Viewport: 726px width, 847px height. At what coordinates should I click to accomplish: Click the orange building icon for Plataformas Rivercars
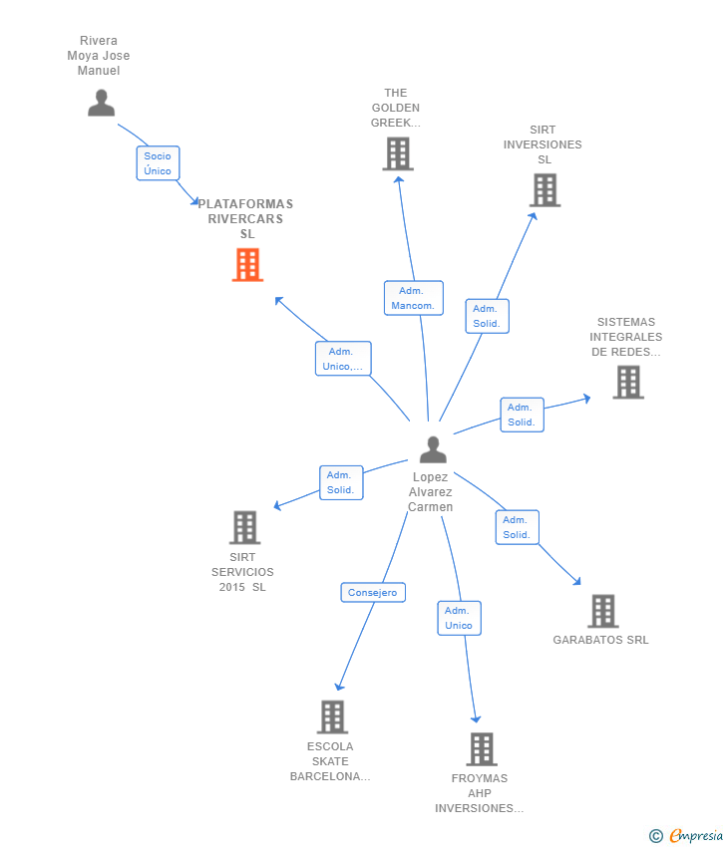[247, 265]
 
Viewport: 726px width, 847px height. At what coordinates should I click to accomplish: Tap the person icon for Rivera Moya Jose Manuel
[101, 104]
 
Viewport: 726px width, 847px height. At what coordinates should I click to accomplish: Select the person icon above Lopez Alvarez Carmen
[433, 450]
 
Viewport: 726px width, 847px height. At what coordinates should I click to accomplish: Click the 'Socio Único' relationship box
[158, 163]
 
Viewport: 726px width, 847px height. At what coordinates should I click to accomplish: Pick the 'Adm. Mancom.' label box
[414, 298]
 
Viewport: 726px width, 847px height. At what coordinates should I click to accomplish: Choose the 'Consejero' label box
[373, 593]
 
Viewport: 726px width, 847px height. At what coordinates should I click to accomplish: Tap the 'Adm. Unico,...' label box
[343, 359]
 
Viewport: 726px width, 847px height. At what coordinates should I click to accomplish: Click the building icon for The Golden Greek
[398, 153]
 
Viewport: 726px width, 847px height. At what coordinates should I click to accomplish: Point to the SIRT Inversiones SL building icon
[544, 190]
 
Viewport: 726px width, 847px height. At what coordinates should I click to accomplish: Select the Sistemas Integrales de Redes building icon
[628, 383]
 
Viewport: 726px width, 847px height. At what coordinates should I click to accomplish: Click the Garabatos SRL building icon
[603, 611]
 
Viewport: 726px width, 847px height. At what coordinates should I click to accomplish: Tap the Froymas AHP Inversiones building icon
[482, 749]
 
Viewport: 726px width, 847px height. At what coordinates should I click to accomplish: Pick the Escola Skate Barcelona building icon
[332, 717]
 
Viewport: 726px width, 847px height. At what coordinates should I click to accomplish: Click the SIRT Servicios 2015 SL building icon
[245, 527]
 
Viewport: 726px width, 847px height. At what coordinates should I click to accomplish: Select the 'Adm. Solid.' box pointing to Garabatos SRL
[518, 527]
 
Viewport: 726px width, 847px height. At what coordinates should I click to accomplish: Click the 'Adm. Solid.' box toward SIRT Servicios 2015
[341, 483]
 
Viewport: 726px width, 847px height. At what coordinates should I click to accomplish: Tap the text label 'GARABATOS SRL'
[600, 640]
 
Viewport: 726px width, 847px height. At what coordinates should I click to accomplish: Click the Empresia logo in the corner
[686, 836]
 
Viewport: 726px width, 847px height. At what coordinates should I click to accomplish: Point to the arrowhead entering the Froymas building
[476, 719]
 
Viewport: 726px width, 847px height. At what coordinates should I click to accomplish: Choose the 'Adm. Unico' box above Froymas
[459, 619]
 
